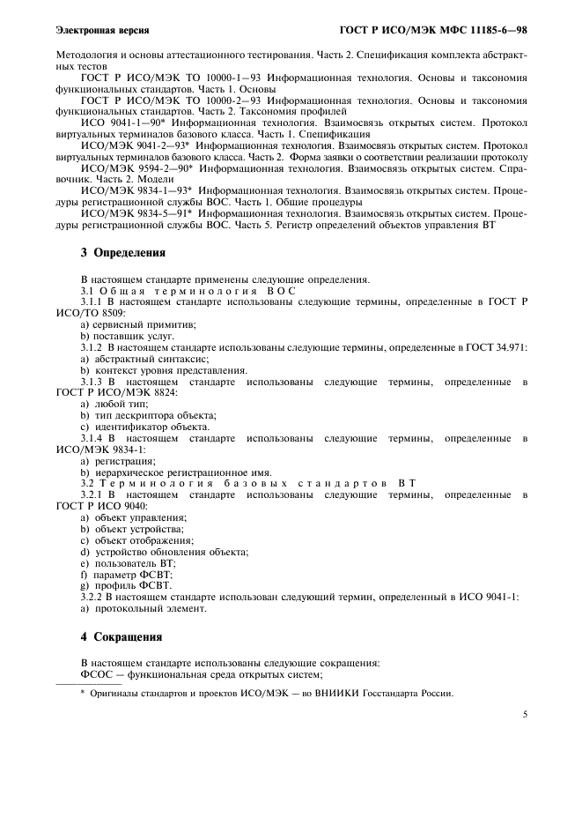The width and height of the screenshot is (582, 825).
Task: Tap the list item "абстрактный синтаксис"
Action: [144, 360]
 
